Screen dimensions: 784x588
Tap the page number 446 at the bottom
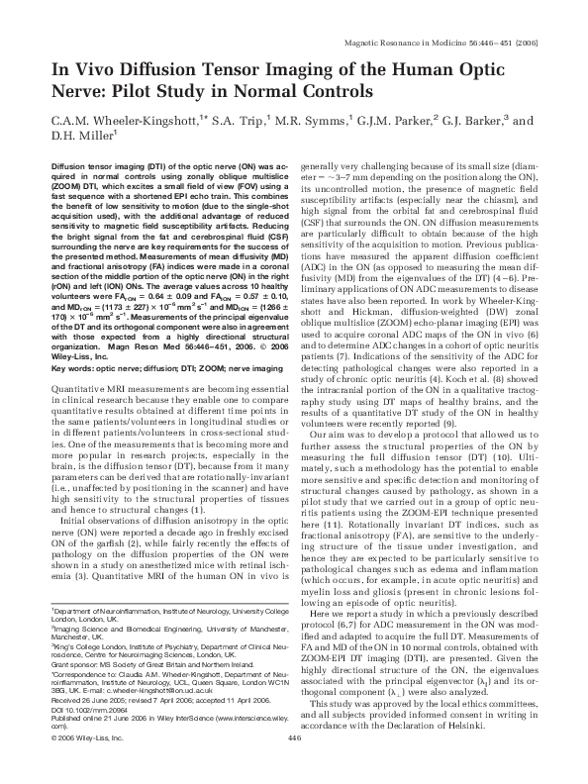pos(293,766)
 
